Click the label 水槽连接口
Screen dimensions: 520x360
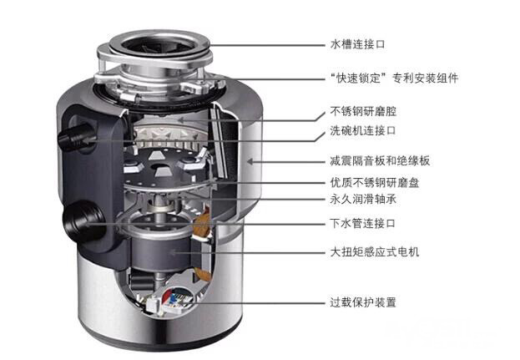(x=357, y=44)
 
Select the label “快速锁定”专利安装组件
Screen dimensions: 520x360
(x=394, y=79)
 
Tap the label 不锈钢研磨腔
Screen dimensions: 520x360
(x=363, y=111)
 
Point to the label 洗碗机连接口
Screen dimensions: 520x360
(x=363, y=130)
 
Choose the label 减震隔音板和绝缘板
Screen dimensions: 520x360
(x=380, y=161)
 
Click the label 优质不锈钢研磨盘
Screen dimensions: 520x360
(x=375, y=182)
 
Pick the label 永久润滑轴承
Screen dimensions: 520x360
(x=363, y=199)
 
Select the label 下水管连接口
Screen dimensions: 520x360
(x=362, y=223)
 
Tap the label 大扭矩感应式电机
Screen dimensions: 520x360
(x=375, y=252)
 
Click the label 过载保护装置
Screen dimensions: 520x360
(x=363, y=302)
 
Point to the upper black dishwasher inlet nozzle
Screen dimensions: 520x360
(x=74, y=137)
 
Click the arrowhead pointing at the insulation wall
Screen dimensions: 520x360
(x=250, y=162)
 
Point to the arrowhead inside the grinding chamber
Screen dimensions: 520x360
(x=181, y=119)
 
